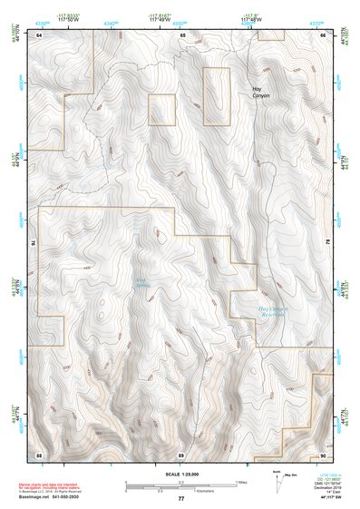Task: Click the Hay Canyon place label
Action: [261, 92]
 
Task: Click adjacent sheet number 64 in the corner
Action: [40, 34]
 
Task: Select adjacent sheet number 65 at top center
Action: [181, 34]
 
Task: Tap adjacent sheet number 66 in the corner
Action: [324, 34]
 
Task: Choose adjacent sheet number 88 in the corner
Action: [40, 454]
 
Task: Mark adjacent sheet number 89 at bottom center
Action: [181, 454]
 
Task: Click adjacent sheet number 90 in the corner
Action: [324, 454]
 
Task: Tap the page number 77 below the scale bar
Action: [180, 499]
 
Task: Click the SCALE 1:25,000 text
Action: [180, 475]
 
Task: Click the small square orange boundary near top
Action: [161, 109]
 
